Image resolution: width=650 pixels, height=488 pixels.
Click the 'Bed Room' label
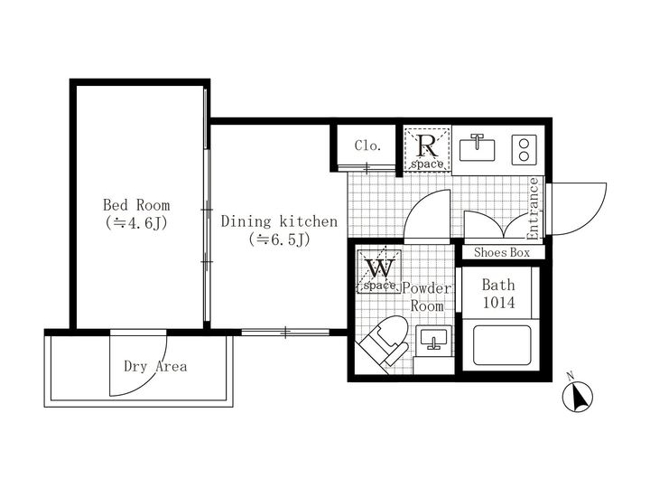click(135, 205)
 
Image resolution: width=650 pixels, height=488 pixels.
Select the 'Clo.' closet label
click(367, 145)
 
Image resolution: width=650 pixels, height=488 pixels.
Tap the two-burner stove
click(523, 148)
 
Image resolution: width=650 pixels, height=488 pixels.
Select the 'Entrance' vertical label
click(533, 210)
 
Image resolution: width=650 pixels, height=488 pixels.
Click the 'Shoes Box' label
click(502, 253)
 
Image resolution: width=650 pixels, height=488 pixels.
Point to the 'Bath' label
click(497, 286)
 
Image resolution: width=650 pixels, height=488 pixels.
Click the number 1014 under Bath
click(497, 304)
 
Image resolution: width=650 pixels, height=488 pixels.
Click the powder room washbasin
click(434, 341)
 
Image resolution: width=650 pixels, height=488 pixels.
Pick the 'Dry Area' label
click(155, 366)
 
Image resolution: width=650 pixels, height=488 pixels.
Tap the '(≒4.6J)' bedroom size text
click(135, 222)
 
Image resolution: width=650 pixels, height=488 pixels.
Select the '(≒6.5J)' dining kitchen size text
click(279, 239)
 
